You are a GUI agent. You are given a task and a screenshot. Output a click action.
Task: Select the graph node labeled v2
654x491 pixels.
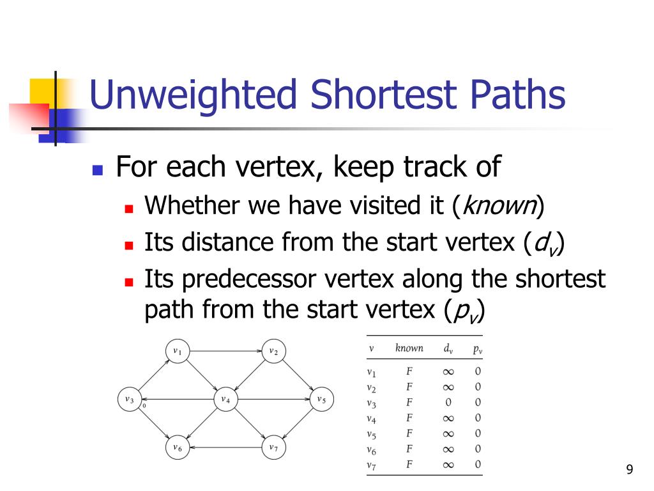tap(273, 351)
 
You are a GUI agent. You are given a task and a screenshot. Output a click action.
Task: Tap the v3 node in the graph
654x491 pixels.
tap(130, 400)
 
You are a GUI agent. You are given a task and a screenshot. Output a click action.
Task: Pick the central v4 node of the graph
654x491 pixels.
tap(225, 400)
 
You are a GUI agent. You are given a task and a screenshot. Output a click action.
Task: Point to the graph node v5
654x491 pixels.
tap(321, 400)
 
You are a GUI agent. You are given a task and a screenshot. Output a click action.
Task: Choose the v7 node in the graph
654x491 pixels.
tap(273, 448)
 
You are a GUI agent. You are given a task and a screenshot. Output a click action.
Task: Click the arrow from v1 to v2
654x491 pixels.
tap(225, 351)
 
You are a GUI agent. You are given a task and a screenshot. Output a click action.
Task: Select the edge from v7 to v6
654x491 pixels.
tap(225, 448)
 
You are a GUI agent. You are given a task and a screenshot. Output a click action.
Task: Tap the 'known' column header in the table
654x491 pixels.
tap(409, 348)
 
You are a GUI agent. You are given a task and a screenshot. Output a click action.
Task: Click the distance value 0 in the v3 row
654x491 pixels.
tap(448, 402)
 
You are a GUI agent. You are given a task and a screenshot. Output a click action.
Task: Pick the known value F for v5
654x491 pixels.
tap(409, 433)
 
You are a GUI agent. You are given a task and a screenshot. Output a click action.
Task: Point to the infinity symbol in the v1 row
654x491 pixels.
tap(448, 371)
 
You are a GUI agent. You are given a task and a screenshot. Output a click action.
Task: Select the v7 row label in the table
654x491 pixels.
tap(372, 465)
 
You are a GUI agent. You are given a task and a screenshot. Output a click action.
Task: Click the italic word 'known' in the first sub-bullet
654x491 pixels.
tap(498, 205)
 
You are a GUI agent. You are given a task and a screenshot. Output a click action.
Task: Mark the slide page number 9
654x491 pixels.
tap(630, 470)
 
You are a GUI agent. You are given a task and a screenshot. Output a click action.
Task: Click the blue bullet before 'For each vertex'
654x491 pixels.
tap(97, 170)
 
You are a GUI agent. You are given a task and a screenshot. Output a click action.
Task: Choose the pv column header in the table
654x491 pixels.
tap(478, 349)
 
